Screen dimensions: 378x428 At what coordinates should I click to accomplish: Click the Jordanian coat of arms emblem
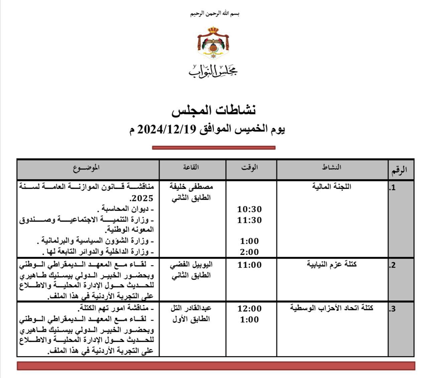tap(213, 43)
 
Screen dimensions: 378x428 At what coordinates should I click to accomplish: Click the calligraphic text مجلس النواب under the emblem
tap(213, 69)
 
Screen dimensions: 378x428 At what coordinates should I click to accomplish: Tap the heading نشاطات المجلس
tap(214, 111)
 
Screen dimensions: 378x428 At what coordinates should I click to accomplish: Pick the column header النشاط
tap(332, 168)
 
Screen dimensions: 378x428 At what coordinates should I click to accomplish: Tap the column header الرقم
tap(400, 170)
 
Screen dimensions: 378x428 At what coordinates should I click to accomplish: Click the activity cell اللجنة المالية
tap(332, 186)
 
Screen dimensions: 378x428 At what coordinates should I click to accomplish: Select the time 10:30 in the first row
tap(249, 210)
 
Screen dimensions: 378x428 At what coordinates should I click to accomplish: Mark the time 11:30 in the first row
tap(249, 220)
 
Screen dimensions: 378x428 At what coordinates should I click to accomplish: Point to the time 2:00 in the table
tap(249, 252)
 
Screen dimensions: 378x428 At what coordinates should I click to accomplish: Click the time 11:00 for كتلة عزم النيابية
tap(249, 265)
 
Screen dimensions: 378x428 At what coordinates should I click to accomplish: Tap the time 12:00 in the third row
tap(249, 308)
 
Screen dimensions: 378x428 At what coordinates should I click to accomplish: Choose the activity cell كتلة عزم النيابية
tap(332, 264)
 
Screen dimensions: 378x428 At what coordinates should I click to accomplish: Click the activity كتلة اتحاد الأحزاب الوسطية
tap(332, 308)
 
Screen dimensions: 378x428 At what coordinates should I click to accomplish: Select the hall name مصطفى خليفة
tap(191, 187)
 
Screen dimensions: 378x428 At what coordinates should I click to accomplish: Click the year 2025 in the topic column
tap(143, 198)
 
